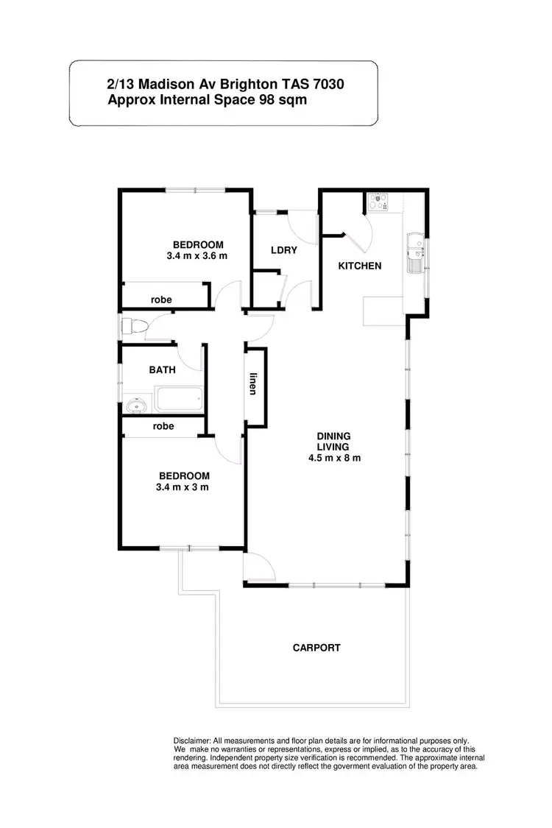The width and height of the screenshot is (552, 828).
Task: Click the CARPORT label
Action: pos(316,648)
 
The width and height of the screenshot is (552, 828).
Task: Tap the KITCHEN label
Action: pos(359,266)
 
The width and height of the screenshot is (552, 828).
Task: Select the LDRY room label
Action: pos(284,250)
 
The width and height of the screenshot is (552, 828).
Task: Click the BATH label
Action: pos(162,370)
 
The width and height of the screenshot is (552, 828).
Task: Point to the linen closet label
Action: pos(253,384)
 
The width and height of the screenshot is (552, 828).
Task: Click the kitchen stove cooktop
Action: pos(379,202)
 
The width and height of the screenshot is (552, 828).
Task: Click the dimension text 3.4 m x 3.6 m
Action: pos(197,256)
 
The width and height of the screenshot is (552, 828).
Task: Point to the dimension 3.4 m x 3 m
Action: pos(183,487)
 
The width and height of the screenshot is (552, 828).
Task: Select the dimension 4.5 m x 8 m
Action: pos(333,458)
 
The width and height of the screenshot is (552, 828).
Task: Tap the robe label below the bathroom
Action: pos(163,426)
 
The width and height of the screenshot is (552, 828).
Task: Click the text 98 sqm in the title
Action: pos(282,99)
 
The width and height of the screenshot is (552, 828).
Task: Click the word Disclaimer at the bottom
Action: pos(192,740)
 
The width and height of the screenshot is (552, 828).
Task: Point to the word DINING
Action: pos(333,436)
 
